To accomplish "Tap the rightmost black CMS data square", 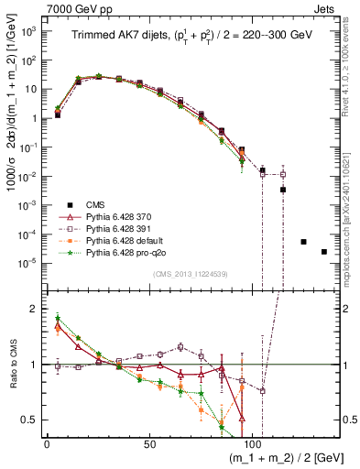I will (x=323, y=252).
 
